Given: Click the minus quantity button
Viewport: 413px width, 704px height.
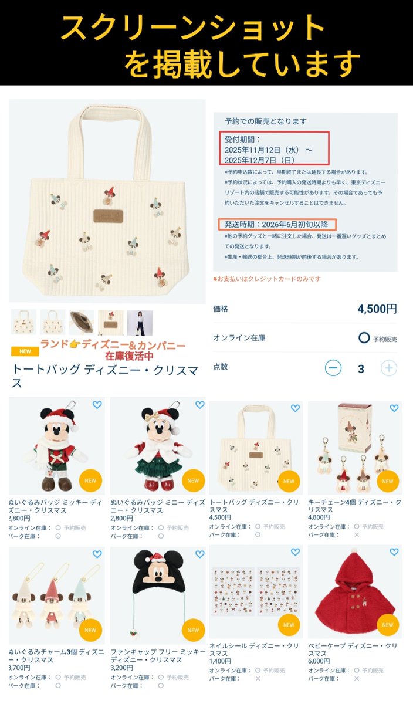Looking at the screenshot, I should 333,368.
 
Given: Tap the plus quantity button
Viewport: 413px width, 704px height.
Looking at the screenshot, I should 389,368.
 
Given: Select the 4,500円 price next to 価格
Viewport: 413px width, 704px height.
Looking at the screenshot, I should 377,309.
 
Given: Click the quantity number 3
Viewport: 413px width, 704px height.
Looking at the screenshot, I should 361,368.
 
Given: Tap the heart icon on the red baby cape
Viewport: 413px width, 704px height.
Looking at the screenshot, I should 394,552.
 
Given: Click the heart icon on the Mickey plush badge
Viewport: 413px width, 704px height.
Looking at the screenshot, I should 97,405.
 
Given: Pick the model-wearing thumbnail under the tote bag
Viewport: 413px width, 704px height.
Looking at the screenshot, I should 140,323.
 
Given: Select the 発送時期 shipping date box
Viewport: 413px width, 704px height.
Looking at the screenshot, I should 278,224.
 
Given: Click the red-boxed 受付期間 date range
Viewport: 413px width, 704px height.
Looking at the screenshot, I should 270,148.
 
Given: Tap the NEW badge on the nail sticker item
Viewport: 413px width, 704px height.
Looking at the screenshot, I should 289,625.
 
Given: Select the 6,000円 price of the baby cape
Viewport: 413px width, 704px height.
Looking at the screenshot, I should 319,661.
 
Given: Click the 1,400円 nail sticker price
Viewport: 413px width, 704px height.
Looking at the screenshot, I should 219,661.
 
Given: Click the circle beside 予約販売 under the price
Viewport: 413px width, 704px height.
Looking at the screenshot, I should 364,338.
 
